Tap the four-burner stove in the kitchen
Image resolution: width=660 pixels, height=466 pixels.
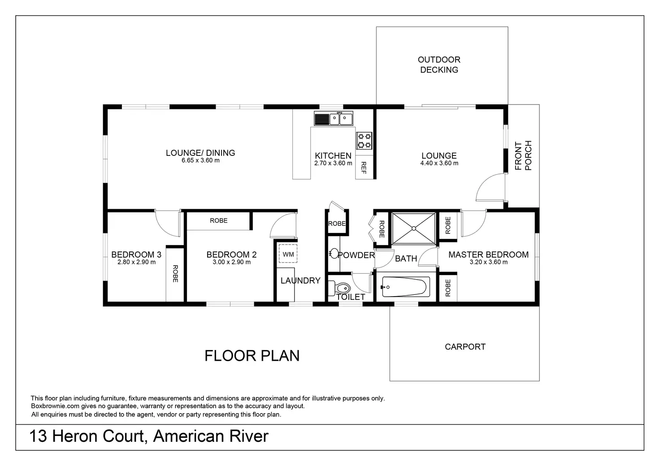[x=364, y=141]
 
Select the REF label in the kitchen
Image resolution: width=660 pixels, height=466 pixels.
[x=364, y=168]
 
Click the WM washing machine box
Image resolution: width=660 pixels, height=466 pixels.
[x=288, y=254]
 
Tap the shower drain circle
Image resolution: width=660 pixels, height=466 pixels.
[x=414, y=229]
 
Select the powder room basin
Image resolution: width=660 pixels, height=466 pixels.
[x=334, y=254]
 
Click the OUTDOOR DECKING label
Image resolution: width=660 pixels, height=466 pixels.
[x=439, y=65]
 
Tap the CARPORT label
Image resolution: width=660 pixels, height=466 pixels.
[x=465, y=347]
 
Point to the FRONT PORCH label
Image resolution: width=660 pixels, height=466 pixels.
[x=523, y=155]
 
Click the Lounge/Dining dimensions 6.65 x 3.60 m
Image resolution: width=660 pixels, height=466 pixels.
[x=200, y=160]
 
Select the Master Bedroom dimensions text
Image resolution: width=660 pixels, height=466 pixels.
[x=489, y=262]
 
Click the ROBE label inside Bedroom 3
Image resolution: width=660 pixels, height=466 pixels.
[x=175, y=274]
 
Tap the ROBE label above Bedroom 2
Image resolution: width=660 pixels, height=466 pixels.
[x=219, y=220]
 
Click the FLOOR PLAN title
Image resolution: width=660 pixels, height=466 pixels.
[x=252, y=356]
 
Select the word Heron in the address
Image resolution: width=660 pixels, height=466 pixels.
[x=75, y=436]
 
